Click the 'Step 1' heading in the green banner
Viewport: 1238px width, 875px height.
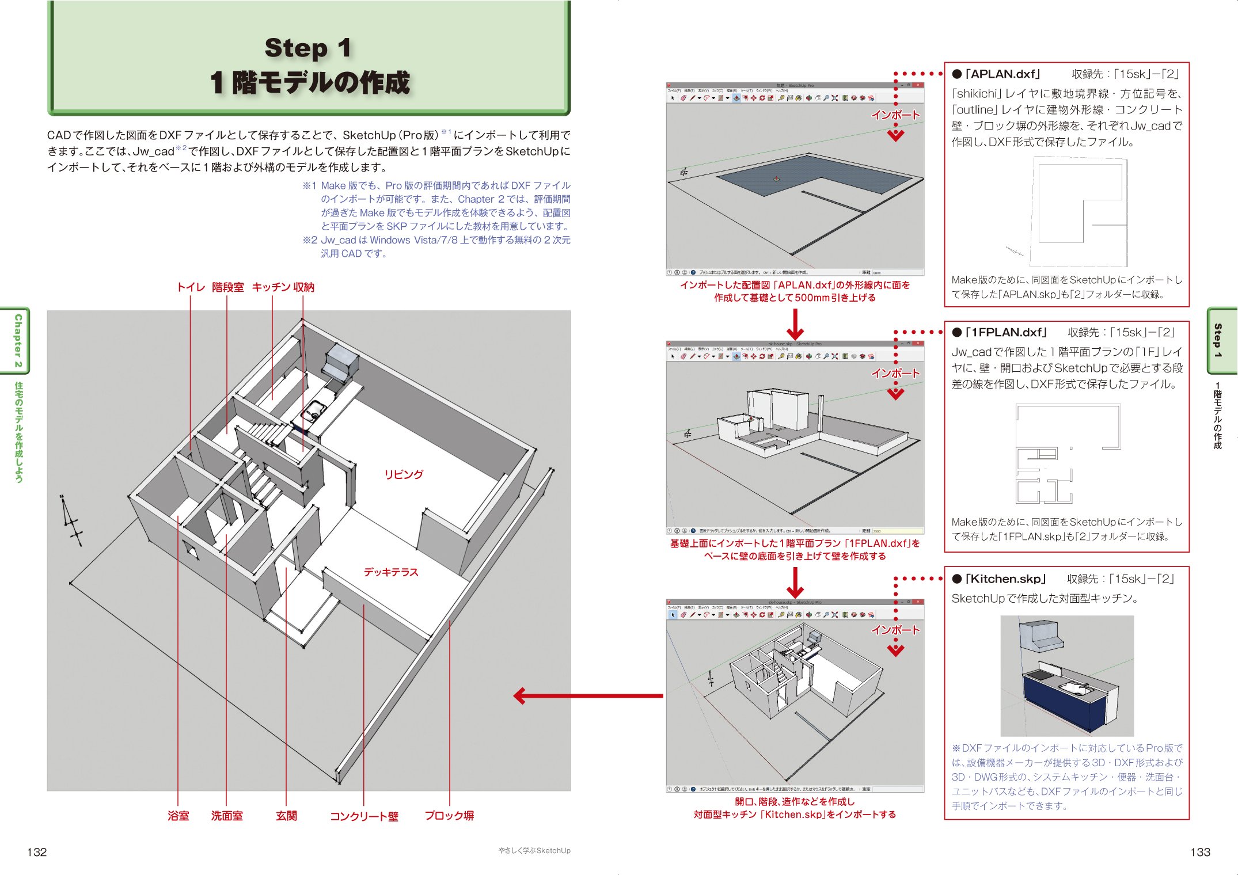click(x=307, y=48)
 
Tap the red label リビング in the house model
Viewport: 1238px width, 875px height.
click(x=403, y=474)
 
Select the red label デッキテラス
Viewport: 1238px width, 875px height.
click(x=390, y=572)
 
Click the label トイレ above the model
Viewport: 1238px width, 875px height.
click(x=190, y=287)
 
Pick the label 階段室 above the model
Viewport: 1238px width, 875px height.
click(x=227, y=287)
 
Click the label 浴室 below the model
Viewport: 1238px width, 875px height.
click(x=178, y=815)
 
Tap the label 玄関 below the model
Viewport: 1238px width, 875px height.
click(x=286, y=815)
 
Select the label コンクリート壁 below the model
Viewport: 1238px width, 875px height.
click(x=364, y=816)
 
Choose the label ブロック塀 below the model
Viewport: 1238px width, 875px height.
click(x=449, y=815)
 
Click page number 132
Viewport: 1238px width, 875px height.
click(x=37, y=852)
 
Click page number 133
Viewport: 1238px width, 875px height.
click(x=1200, y=852)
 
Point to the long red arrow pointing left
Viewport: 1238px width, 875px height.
click(x=587, y=695)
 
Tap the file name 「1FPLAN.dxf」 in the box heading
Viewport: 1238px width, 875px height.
click(x=1006, y=332)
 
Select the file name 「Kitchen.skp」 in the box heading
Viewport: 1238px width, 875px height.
click(x=1005, y=579)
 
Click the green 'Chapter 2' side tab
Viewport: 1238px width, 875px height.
click(x=18, y=340)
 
